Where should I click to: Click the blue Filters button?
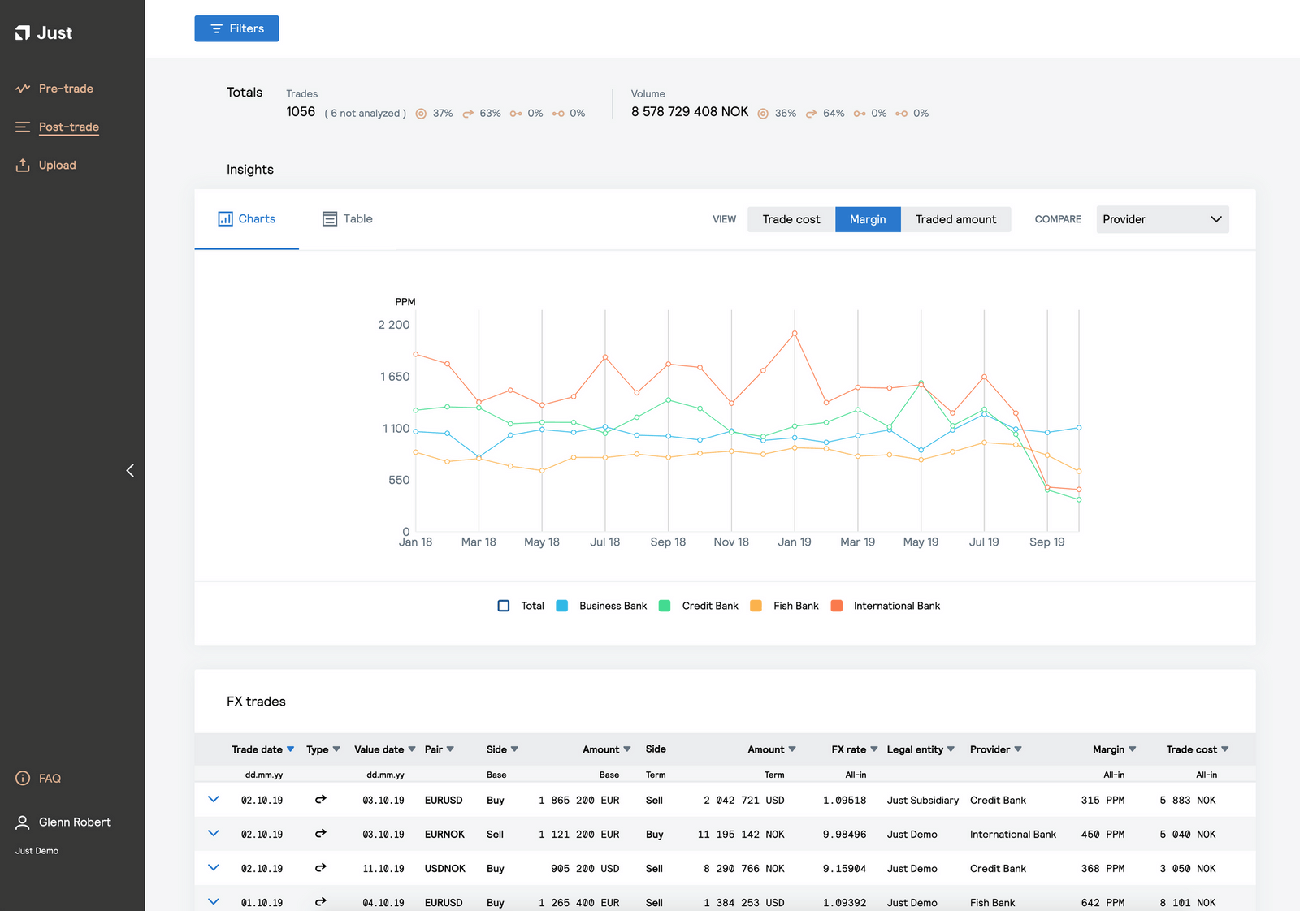point(236,28)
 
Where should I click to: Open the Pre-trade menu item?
point(65,89)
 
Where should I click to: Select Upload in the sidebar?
point(57,165)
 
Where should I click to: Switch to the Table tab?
point(348,219)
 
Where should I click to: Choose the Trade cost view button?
point(791,219)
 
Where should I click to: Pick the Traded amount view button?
point(955,219)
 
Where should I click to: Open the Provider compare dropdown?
point(1162,219)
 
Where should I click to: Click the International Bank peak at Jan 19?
point(795,334)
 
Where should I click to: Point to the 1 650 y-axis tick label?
point(395,377)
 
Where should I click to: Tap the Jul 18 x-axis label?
point(604,542)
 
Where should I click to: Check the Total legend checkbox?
point(504,606)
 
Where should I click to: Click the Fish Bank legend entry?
point(795,606)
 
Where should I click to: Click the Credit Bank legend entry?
point(709,606)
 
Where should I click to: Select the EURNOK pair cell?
point(444,835)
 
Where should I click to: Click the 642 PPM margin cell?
point(1103,903)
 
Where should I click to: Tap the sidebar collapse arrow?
point(130,471)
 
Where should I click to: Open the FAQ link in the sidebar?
point(49,779)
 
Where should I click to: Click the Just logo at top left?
point(44,33)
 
